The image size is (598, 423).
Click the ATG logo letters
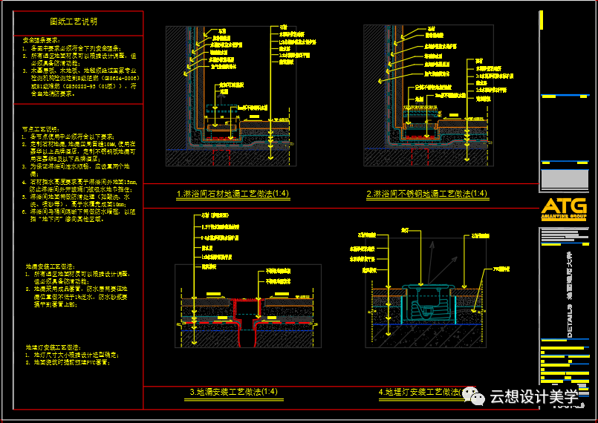(x=563, y=207)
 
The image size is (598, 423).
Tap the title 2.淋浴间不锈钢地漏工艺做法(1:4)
(x=427, y=194)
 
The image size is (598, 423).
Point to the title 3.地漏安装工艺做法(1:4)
(x=233, y=392)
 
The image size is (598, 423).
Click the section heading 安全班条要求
(x=42, y=39)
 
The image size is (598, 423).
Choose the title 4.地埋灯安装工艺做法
(x=420, y=392)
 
